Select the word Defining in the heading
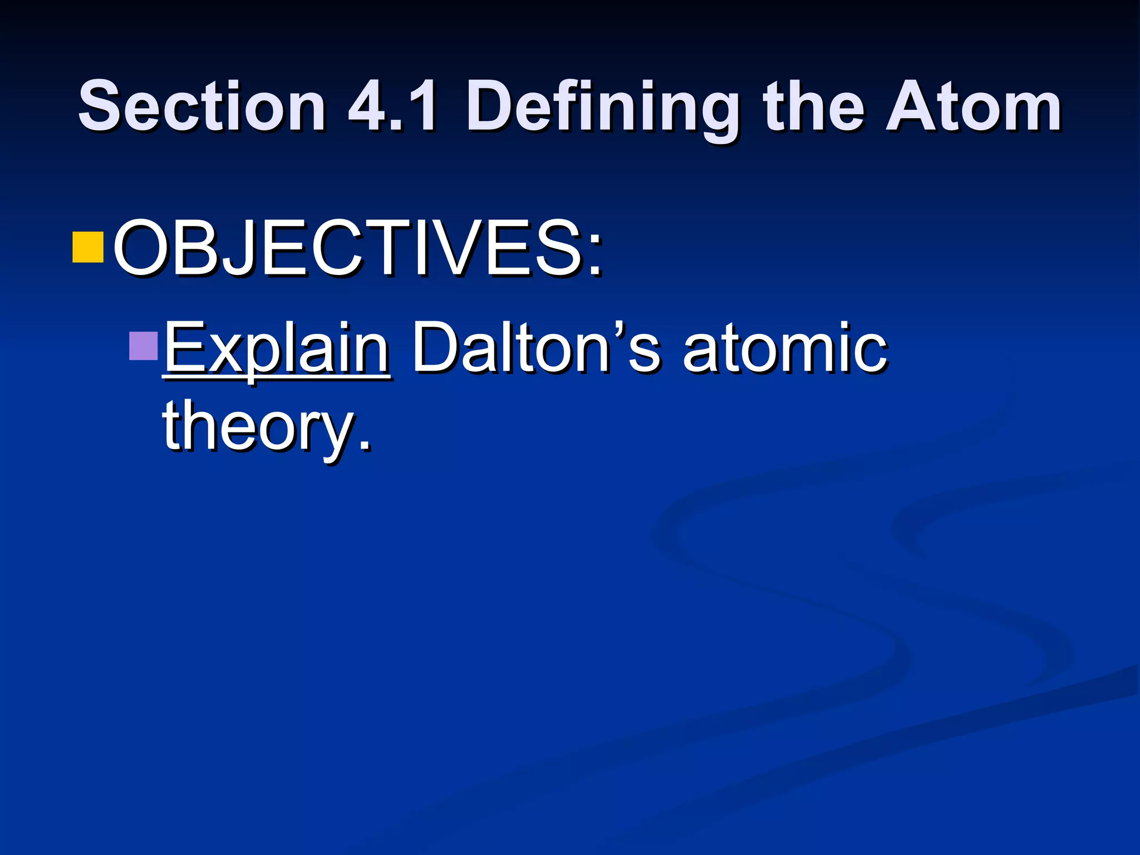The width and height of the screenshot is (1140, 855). (603, 109)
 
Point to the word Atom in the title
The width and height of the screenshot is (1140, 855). (973, 107)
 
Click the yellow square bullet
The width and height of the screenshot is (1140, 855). (88, 247)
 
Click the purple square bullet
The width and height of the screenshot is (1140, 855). (144, 346)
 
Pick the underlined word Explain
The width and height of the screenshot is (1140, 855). (277, 350)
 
